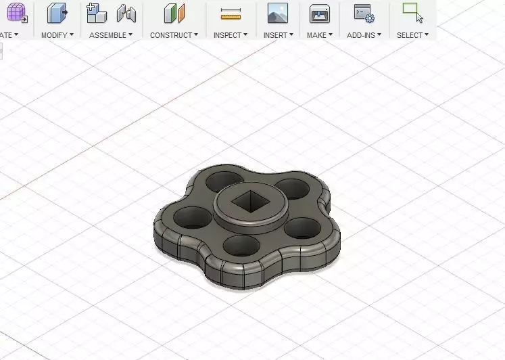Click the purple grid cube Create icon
pyautogui.click(x=16, y=13)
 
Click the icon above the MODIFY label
pyautogui.click(x=57, y=13)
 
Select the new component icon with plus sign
pyautogui.click(x=97, y=13)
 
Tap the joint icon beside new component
pyautogui.click(x=126, y=13)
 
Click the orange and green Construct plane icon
pyautogui.click(x=174, y=13)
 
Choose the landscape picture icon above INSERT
pyautogui.click(x=278, y=13)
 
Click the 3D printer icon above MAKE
pyautogui.click(x=320, y=13)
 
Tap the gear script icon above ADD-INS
pyautogui.click(x=364, y=13)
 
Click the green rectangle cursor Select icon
pyautogui.click(x=412, y=12)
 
